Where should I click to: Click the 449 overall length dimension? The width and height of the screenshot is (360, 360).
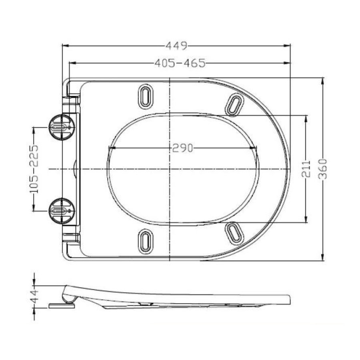point(176,46)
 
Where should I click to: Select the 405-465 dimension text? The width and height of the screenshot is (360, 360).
point(180,63)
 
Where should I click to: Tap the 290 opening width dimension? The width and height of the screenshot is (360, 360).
point(182,148)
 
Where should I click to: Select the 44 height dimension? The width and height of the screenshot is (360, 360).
point(35,296)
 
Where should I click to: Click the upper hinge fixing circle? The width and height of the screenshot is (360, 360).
point(60,127)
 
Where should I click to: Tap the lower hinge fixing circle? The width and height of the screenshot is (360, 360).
point(60,209)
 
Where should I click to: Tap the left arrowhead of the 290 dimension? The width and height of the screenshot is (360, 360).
point(111,148)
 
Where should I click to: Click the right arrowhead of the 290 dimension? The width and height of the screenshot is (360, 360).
point(255,148)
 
